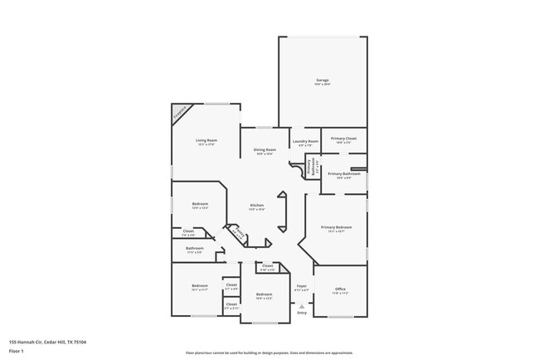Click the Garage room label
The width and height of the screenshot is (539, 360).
(x=322, y=80)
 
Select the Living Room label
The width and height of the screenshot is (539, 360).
(x=206, y=140)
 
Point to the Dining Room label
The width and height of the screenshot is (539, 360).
(x=265, y=149)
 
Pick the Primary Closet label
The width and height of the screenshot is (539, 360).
(x=343, y=139)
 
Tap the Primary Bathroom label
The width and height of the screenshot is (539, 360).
(x=343, y=173)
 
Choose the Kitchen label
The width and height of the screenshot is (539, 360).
(x=257, y=205)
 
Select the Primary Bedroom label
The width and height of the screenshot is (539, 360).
(x=336, y=226)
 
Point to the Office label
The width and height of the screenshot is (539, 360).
(x=341, y=289)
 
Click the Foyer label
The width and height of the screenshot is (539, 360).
(x=302, y=286)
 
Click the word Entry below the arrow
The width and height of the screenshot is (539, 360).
(x=302, y=313)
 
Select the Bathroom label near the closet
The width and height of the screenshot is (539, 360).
(x=195, y=248)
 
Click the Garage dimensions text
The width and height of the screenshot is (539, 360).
(x=322, y=84)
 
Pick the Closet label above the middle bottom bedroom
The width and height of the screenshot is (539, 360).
(x=267, y=266)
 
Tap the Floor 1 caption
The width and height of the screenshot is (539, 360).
(x=17, y=351)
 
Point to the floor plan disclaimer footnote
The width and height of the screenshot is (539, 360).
(x=269, y=352)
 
